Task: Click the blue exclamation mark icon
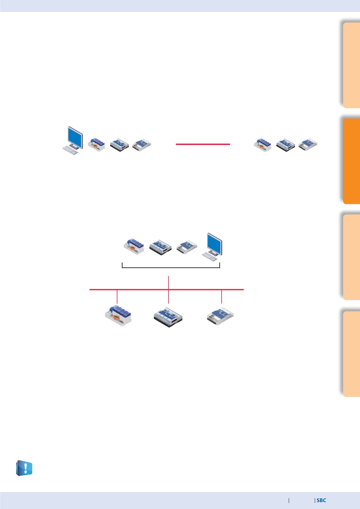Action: (x=24, y=468)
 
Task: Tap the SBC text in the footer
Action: (x=321, y=500)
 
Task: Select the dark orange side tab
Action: (x=351, y=161)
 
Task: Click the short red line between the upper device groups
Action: (x=203, y=144)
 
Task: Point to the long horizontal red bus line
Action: (x=166, y=289)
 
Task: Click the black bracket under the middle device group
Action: (x=171, y=268)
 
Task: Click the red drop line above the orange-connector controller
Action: (x=117, y=297)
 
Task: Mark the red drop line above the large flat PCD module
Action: (x=222, y=297)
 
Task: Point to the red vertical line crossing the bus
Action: (x=169, y=290)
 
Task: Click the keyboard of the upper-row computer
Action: (x=70, y=150)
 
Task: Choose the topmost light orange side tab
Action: (x=351, y=65)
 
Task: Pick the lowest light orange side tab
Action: (x=351, y=354)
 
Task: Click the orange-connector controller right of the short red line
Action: (x=263, y=145)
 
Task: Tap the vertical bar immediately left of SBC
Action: (x=315, y=500)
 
